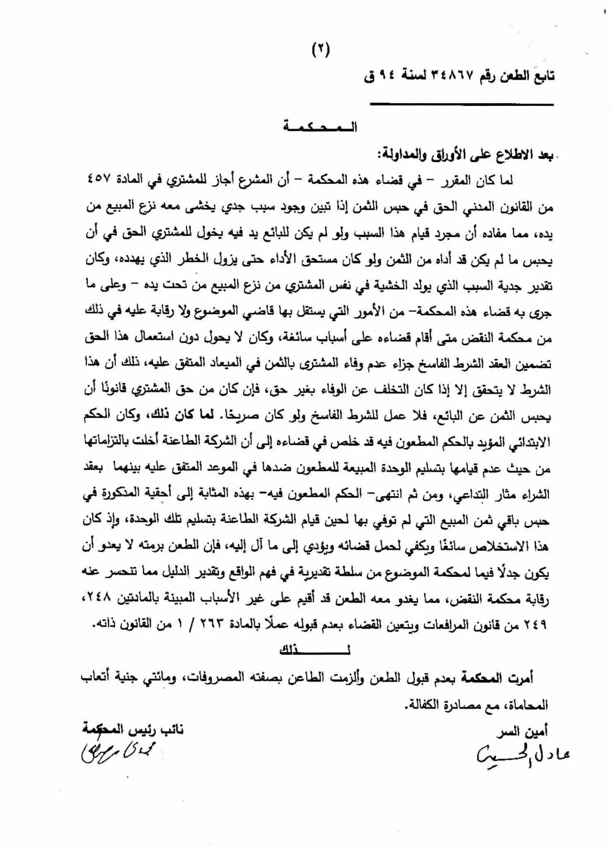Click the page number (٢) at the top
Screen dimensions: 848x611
[x=321, y=49]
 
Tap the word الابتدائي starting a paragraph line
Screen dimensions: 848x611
[x=527, y=442]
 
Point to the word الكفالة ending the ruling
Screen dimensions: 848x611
[x=422, y=703]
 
